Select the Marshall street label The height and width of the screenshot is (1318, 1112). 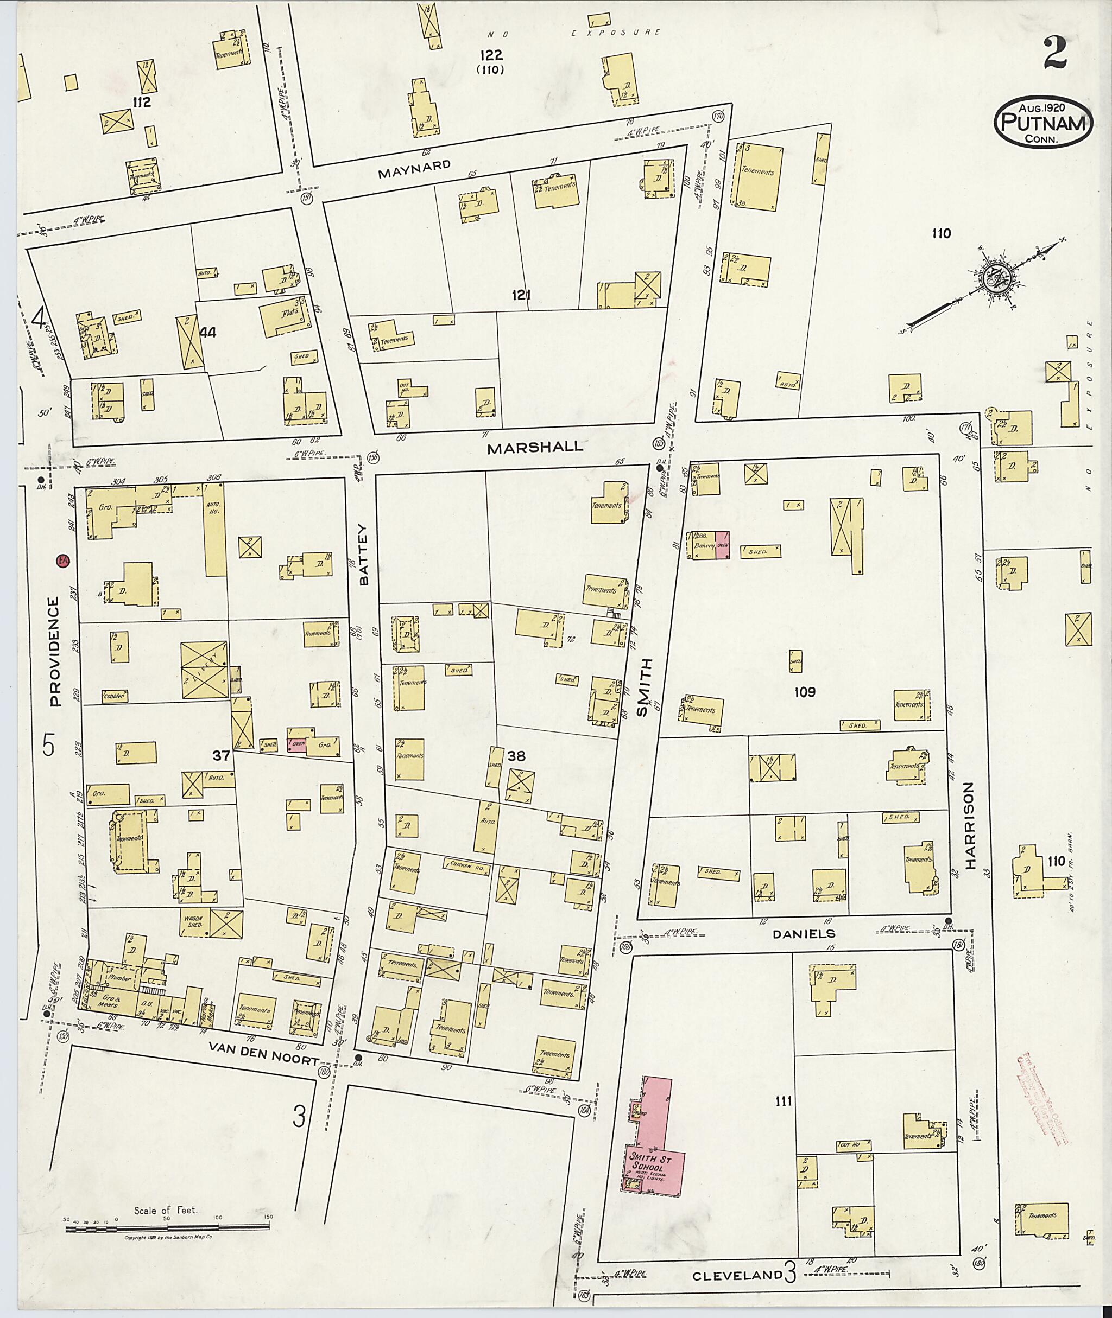(535, 447)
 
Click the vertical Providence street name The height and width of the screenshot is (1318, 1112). (55, 652)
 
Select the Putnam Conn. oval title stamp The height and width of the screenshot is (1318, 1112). (1043, 122)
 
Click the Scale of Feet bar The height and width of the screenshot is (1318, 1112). (167, 1228)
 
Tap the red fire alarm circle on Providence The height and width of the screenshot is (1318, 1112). (62, 560)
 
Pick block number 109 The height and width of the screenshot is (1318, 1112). (805, 692)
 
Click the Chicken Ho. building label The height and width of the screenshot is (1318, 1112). (466, 865)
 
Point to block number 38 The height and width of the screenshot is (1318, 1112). (516, 756)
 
